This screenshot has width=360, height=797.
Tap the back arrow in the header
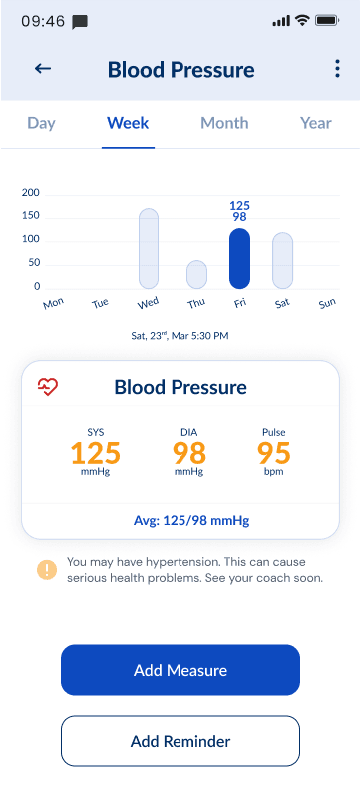coord(43,69)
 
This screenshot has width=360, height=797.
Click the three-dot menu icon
coord(336,69)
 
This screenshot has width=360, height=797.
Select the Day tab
coord(41,123)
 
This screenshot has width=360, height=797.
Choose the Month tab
coord(224,123)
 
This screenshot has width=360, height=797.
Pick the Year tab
coord(316,123)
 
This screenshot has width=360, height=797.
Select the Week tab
coord(128,123)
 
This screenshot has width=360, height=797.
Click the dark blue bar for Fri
coord(239,258)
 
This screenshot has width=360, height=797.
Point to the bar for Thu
coord(196,274)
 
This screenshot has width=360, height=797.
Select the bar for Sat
coord(282,261)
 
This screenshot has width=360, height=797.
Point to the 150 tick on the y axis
coord(30,215)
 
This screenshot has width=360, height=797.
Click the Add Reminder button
coord(180,741)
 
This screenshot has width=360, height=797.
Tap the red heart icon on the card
coord(48,387)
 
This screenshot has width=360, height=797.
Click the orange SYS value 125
coord(95,453)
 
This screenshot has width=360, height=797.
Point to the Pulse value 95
coord(273,453)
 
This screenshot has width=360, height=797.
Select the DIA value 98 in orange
coord(188,453)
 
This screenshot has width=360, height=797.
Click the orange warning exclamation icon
coord(47,570)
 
